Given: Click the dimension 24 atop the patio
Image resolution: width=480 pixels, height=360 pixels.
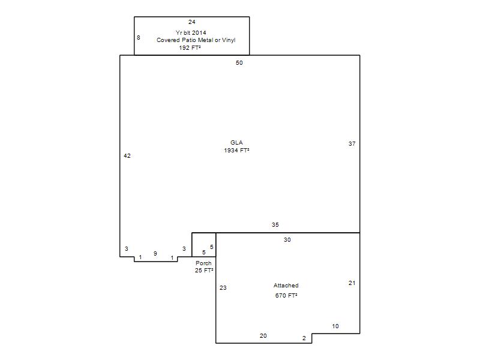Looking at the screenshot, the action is coord(192,22).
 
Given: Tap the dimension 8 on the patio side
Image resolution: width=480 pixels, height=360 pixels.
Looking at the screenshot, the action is coord(139,37).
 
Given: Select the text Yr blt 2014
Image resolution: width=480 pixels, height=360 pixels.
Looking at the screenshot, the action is coord(191,32).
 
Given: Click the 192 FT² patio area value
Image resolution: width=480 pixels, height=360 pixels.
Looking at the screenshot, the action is coord(190,47).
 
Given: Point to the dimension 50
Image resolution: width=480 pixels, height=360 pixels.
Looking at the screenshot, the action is coord(239,63).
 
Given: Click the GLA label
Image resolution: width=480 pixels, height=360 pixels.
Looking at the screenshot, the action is coord(236,142).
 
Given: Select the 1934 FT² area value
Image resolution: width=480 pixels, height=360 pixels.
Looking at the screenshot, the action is coord(236,151).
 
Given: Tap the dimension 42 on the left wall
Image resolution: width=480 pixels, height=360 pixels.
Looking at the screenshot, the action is coord(127,156).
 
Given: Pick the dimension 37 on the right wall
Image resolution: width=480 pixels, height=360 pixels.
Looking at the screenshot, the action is coord(352,143).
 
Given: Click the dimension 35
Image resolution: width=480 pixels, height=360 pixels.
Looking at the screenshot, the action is coord(275,224).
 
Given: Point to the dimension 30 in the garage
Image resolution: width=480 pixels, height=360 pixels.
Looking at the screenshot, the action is coord(287,239).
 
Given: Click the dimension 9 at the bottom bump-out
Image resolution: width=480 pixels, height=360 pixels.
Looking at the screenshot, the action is coord(155,253).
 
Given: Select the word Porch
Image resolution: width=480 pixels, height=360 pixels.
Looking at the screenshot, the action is coord(203,263).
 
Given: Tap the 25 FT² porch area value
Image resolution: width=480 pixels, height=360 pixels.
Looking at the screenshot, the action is coord(204,271).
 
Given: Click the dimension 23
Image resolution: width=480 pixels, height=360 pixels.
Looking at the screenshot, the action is coord(223,288).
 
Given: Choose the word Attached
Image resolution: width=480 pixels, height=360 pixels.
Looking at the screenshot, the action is coord(286,286).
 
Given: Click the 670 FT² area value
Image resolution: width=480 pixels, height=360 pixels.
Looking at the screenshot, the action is coord(286,295).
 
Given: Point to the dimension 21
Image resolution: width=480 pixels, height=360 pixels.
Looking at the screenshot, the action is coord(352,283).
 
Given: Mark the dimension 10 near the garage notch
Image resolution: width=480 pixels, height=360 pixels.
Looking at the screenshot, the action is coord(335,326).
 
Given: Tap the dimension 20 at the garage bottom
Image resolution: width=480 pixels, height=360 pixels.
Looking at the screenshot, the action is coord(263,336).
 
